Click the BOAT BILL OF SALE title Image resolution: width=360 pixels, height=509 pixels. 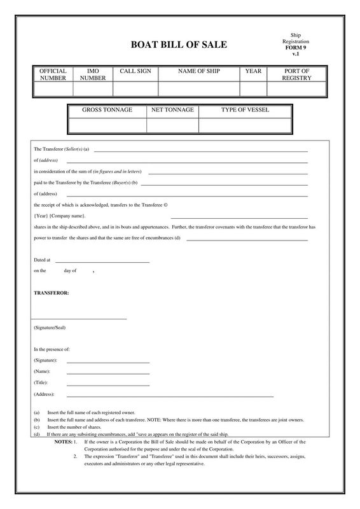click(178, 45)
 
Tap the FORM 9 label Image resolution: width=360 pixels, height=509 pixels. click(295, 48)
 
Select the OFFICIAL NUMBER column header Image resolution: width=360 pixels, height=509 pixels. click(53, 74)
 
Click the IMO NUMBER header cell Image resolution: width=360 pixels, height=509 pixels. click(93, 74)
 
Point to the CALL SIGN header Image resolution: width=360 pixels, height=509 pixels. click(135, 71)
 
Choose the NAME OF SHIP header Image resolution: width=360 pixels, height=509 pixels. click(198, 71)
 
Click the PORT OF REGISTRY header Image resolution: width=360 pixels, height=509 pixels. click(297, 74)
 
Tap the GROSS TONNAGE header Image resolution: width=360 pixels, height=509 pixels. click(107, 110)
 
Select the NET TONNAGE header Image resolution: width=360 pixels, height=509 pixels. click(172, 110)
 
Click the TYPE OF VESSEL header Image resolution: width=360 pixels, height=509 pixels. click(245, 110)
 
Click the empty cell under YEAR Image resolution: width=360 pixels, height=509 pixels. click(253, 89)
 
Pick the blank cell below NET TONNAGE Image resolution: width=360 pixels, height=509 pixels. click(172, 125)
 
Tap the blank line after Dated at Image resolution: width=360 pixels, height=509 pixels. click(102, 261)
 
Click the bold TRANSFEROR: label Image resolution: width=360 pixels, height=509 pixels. click(52, 293)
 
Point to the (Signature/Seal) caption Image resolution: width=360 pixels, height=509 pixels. click(50, 328)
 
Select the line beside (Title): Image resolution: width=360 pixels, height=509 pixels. click(107, 385)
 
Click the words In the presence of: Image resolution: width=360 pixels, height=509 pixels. click(52, 349)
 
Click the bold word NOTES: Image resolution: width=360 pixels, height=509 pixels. click(63, 441)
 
